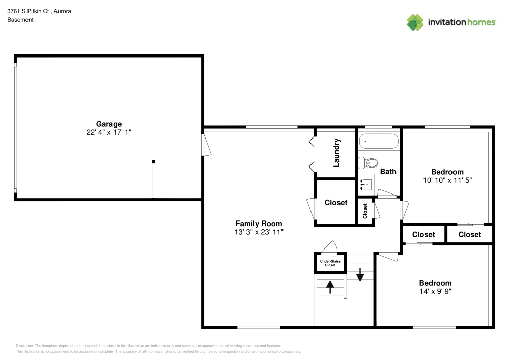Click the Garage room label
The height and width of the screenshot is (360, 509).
coord(109,124)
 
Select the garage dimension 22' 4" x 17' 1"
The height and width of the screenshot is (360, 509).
coord(109,132)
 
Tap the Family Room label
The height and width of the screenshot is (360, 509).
coord(259,224)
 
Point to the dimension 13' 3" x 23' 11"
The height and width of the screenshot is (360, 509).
coord(259,232)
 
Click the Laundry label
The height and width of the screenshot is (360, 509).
coord(336,153)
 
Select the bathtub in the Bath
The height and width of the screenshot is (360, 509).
coord(379,141)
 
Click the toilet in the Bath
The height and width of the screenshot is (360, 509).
coord(367,163)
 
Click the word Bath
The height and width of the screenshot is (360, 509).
coord(388,172)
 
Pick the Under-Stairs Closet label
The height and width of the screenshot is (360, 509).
coord(330,263)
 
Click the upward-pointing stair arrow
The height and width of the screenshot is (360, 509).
coord(330,287)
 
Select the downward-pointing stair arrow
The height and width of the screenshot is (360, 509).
coord(360,274)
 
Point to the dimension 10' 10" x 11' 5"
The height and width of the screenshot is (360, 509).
coord(447,180)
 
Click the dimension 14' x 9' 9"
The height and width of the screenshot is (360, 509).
coord(435,292)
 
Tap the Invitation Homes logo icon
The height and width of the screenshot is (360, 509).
coord(415,22)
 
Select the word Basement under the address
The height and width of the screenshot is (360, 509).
coord(20,20)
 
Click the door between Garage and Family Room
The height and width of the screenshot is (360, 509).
coord(206,145)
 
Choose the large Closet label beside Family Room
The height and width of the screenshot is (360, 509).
coord(336,203)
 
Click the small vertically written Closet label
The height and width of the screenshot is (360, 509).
coord(365,211)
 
